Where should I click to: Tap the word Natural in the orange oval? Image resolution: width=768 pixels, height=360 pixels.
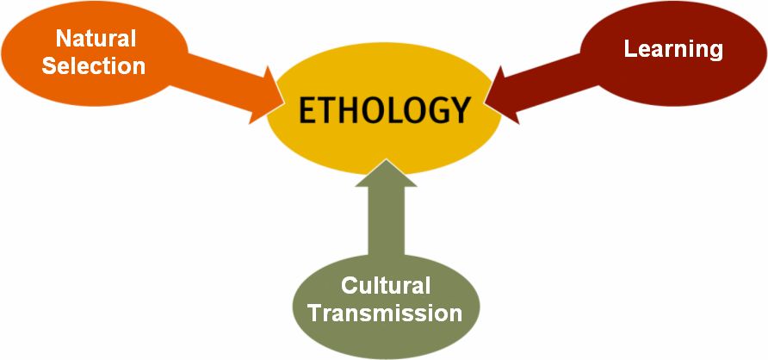[96, 38]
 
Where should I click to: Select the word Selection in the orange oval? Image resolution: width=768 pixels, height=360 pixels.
[94, 65]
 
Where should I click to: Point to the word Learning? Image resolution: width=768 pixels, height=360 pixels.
[673, 49]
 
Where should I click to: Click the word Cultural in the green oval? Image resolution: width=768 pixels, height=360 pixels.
[386, 285]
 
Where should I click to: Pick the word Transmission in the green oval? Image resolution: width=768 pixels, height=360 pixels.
[386, 313]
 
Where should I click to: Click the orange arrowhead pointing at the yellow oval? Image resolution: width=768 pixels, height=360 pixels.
[267, 96]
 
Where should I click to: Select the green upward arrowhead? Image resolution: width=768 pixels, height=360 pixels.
[386, 173]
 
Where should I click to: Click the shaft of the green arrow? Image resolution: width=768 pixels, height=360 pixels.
[386, 221]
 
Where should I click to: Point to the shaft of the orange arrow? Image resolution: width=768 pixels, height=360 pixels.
[220, 78]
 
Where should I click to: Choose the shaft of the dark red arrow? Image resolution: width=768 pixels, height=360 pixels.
[549, 78]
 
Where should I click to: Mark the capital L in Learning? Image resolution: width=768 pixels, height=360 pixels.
[630, 48]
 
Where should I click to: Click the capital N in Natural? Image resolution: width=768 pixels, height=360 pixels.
[64, 39]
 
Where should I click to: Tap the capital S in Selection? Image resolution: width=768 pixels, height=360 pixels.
[49, 65]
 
